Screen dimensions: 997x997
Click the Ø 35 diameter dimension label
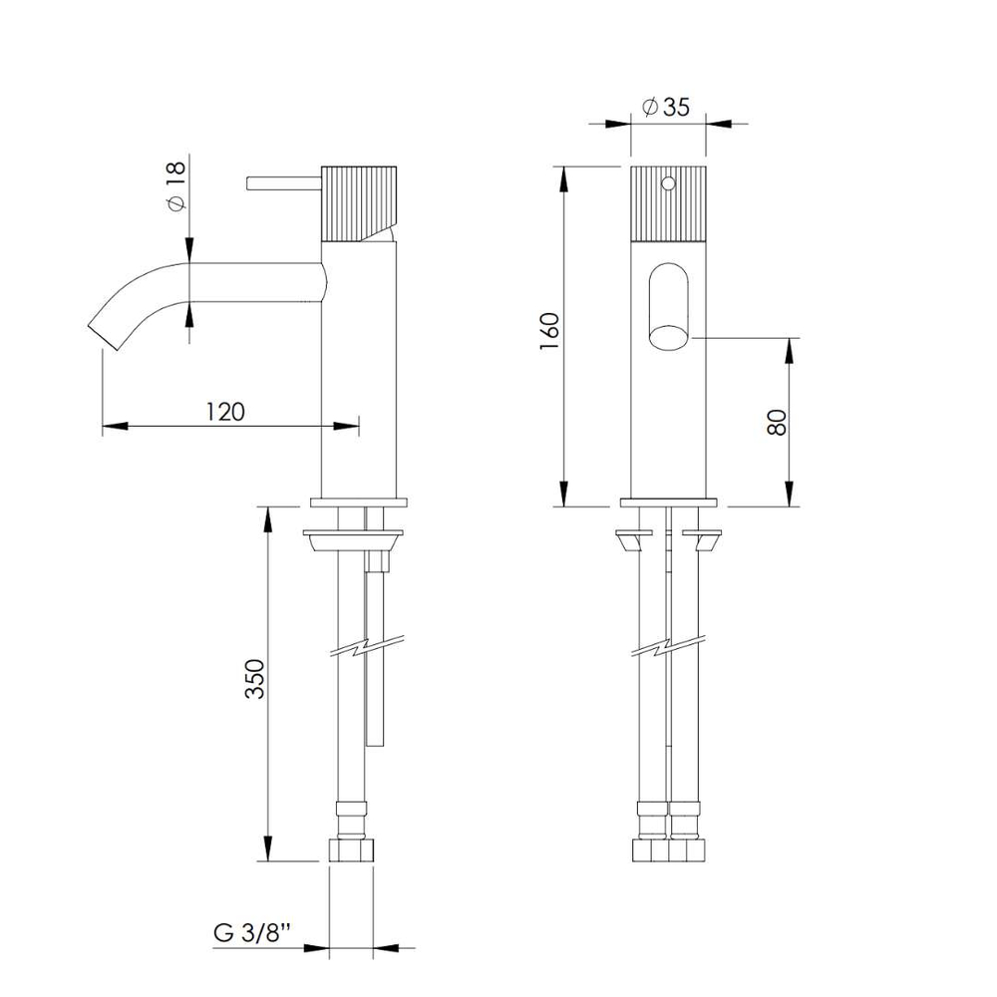click(666, 107)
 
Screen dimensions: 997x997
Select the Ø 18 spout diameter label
click(176, 185)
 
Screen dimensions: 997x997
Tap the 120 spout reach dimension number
click(225, 412)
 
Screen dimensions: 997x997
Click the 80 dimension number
click(777, 422)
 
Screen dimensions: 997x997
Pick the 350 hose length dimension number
click(255, 678)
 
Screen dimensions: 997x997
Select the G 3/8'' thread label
click(252, 933)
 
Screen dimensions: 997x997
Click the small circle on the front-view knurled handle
click(668, 183)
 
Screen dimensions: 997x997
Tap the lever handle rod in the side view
click(283, 183)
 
